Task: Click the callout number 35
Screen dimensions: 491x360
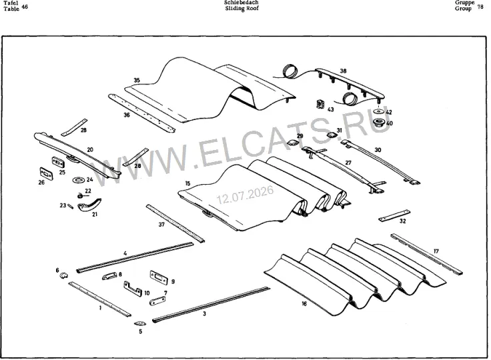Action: (x=137, y=81)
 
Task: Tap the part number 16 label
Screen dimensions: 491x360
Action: (x=304, y=303)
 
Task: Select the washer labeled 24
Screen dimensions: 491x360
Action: (x=78, y=180)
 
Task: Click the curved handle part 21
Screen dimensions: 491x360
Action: (x=89, y=205)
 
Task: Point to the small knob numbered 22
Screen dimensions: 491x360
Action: (x=80, y=196)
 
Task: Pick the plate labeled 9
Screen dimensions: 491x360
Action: (x=159, y=278)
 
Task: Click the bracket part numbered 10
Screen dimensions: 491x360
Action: (x=133, y=289)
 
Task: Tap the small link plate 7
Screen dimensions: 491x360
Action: (x=157, y=301)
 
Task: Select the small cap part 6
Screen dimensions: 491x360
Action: (x=64, y=275)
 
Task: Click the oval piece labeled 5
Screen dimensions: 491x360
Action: (x=138, y=323)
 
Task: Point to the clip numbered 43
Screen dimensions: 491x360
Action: (x=321, y=104)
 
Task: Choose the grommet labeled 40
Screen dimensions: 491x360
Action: (x=380, y=122)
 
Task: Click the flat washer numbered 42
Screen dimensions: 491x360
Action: (x=379, y=112)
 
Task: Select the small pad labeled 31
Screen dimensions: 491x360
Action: (x=332, y=135)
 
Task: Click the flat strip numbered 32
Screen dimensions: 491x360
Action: (x=394, y=216)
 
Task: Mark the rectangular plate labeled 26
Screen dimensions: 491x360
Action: (x=46, y=173)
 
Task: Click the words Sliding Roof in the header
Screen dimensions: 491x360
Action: (x=242, y=9)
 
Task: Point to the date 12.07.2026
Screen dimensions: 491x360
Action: (x=245, y=195)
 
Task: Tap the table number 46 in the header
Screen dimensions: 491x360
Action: (x=25, y=6)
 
